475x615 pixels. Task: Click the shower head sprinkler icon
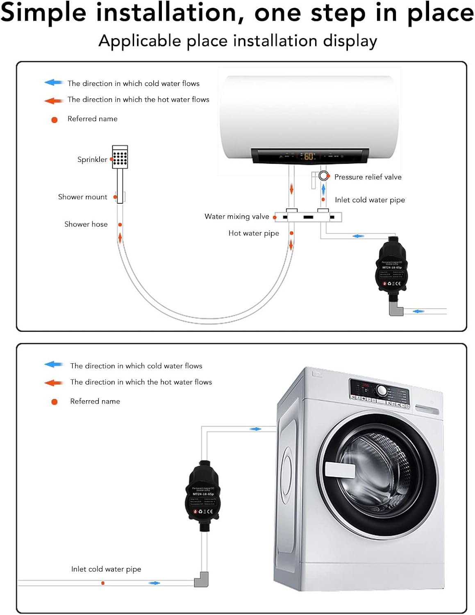[x=120, y=157]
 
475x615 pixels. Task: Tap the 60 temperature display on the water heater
[x=309, y=156]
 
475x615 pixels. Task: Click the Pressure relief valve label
[x=368, y=177]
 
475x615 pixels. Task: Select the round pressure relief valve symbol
[x=323, y=176]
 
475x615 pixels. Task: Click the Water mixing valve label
[x=236, y=216]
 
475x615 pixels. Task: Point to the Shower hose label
[x=86, y=224]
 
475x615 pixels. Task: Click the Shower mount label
[x=82, y=197]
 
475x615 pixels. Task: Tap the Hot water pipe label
[x=253, y=233]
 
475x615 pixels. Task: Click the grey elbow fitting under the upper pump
[x=395, y=308]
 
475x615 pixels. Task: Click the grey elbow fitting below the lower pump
[x=201, y=579]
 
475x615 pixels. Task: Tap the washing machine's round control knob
[x=382, y=391]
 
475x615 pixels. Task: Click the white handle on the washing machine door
[x=340, y=470]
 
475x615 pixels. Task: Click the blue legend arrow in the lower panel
[x=53, y=364]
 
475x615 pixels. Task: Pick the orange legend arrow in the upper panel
[x=53, y=100]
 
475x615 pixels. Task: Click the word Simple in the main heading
[x=43, y=13]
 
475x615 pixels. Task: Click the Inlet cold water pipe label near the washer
[x=106, y=569]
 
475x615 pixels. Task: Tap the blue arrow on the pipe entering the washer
[x=255, y=429]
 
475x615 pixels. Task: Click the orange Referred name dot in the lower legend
[x=54, y=402]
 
